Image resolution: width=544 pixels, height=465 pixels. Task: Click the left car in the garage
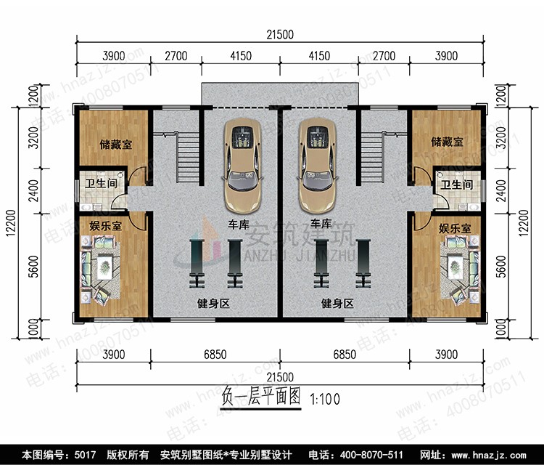(242, 166)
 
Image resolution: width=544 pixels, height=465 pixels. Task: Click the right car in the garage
(317, 166)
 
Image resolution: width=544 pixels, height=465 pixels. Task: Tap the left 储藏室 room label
(115, 144)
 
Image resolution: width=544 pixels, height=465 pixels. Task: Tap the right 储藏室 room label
(447, 142)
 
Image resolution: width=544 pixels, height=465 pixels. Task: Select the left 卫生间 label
(101, 183)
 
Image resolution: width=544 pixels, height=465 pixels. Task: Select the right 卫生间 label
(456, 185)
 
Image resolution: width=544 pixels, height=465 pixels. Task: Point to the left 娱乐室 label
(105, 226)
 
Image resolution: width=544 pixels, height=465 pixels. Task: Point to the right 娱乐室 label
(455, 228)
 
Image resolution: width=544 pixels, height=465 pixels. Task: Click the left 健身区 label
(213, 304)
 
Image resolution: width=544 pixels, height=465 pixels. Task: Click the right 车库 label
(321, 224)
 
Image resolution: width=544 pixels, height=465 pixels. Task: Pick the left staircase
(188, 157)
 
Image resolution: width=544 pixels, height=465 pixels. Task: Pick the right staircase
(372, 157)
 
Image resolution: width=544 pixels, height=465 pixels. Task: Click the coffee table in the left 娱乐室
(104, 267)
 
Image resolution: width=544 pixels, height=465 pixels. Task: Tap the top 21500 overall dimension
(280, 34)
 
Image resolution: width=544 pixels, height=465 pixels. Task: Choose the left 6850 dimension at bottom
(215, 355)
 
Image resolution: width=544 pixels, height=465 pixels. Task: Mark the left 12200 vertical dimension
(11, 223)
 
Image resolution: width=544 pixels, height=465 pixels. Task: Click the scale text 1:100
(325, 399)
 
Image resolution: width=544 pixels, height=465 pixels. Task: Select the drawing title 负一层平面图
(261, 397)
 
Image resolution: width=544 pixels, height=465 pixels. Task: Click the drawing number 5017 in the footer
(85, 455)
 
